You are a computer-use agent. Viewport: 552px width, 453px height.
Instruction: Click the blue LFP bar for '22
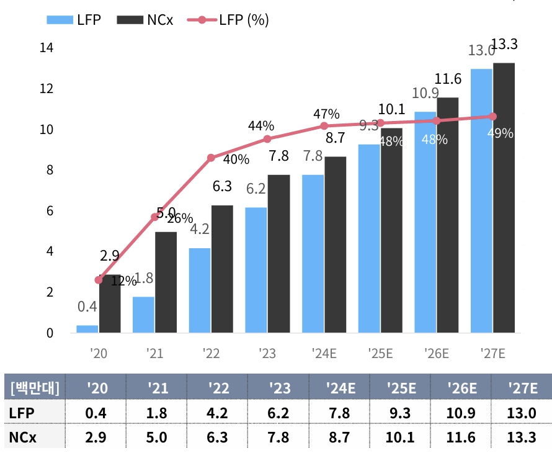200,290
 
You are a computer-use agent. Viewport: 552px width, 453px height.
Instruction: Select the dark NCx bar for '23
278,254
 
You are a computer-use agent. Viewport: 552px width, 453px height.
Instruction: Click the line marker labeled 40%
211,158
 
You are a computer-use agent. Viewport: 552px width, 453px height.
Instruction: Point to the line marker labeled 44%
267,139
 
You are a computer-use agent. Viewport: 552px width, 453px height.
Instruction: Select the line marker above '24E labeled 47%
324,126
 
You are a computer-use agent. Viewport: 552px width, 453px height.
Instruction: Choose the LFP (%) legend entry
233,19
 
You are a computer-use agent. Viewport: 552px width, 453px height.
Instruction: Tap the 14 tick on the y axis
46,48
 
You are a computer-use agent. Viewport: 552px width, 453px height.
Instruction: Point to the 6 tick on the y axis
50,211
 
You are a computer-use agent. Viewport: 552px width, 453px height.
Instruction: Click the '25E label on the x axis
380,354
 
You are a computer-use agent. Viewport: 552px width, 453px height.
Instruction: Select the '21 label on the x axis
154,354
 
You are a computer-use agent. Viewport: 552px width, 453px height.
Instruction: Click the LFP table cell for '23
280,413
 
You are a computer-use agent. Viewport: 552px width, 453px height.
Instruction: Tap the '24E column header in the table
341,388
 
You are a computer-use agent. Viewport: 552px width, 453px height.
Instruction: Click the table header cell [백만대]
35,388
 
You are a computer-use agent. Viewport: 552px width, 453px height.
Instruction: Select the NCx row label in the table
23,437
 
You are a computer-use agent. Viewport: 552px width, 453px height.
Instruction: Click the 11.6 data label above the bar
448,79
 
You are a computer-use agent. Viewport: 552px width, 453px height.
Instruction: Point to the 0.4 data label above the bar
87,307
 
